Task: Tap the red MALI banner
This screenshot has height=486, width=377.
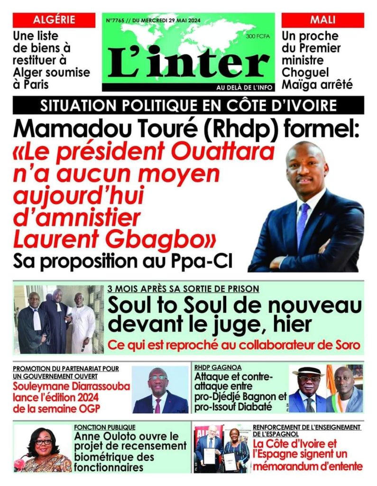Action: click(322, 20)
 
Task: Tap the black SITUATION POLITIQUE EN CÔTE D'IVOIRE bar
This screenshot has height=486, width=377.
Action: click(188, 105)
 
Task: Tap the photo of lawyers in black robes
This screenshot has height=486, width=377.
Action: click(57, 319)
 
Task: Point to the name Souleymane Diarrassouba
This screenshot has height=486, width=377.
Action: click(72, 386)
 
